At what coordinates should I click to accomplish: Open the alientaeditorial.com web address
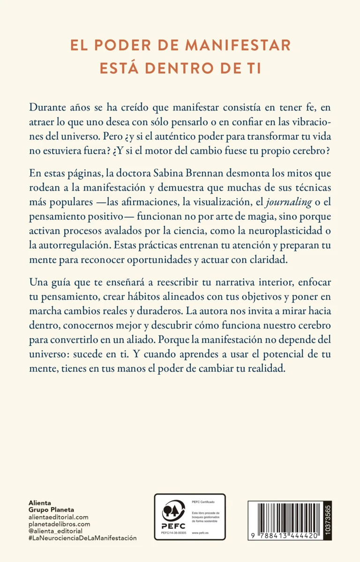click(59, 517)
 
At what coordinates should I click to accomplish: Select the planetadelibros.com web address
click(59, 524)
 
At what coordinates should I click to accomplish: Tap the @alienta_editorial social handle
click(55, 531)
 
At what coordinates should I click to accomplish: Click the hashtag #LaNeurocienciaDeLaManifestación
click(82, 538)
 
